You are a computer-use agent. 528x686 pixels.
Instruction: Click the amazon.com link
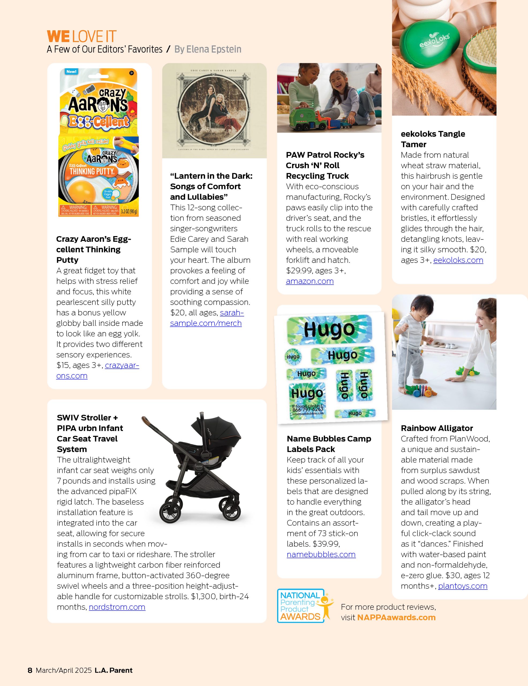(310, 281)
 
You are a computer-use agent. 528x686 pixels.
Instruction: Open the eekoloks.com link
(458, 260)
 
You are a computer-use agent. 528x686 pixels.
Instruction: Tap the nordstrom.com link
(117, 607)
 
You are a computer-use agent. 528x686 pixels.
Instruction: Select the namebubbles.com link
(321, 554)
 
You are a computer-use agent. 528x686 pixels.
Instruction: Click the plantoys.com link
(462, 586)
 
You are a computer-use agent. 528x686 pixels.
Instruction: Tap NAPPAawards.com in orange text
(396, 617)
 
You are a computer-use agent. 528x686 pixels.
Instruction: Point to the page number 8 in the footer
(30, 670)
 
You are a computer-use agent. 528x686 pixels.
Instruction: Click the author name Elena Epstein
(213, 49)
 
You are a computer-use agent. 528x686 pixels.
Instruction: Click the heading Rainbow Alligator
(437, 428)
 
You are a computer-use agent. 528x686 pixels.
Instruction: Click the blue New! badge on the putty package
(71, 72)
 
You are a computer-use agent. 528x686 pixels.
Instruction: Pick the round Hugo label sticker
(293, 356)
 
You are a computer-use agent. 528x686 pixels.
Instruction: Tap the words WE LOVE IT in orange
(82, 36)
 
